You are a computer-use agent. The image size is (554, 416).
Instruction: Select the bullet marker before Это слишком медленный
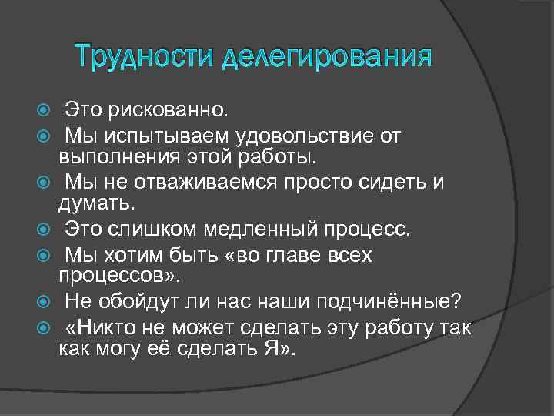pyautogui.click(x=42, y=228)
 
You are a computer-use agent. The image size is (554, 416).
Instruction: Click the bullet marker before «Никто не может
pyautogui.click(x=42, y=327)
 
